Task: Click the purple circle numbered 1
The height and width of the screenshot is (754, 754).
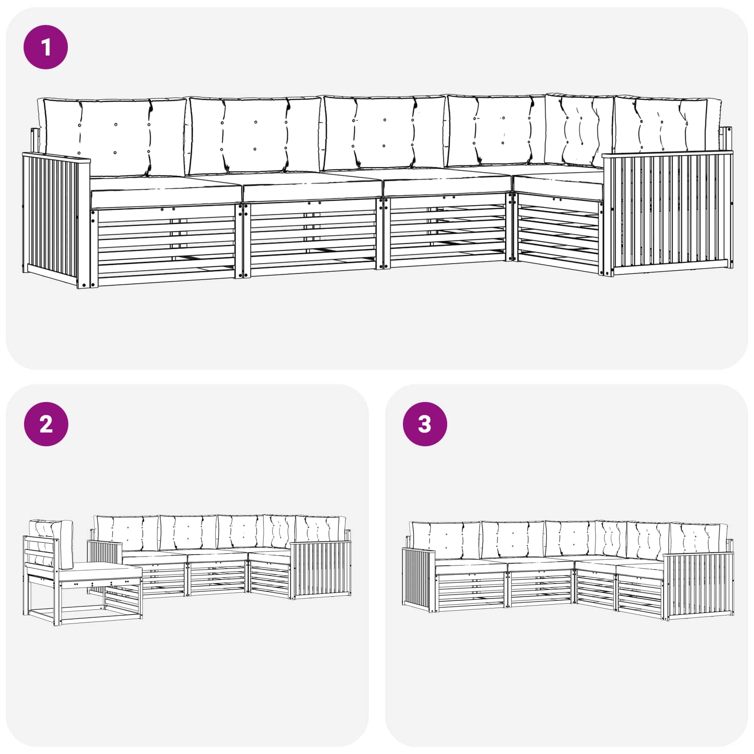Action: click(46, 48)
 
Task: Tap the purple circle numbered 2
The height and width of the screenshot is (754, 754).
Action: click(46, 424)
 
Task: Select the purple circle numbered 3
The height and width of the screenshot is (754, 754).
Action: click(425, 424)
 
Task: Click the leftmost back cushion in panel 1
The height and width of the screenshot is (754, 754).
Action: click(113, 137)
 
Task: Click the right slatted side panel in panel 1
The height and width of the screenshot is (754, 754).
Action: click(668, 212)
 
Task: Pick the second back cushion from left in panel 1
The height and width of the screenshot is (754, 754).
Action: click(254, 136)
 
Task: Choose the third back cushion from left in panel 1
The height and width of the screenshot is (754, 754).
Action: click(384, 133)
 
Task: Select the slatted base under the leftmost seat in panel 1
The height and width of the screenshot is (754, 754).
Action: click(165, 245)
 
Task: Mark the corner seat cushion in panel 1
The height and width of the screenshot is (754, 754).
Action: click(558, 181)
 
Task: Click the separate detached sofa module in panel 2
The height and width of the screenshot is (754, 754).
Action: click(82, 573)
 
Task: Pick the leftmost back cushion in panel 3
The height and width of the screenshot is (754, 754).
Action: click(445, 541)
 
